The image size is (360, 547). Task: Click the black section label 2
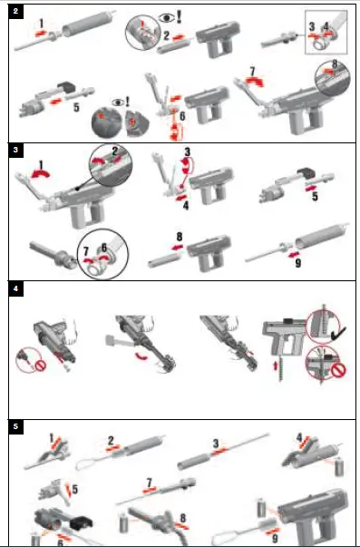click(15, 11)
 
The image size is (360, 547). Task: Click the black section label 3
click(15, 151)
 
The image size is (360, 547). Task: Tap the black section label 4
click(15, 289)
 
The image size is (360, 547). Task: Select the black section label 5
click(15, 427)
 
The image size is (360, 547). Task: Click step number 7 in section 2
click(253, 71)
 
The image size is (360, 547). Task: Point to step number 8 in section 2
click(335, 63)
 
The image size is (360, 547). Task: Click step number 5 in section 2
click(76, 107)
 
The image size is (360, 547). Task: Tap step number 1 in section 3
click(41, 165)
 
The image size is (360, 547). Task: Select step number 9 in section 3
click(298, 263)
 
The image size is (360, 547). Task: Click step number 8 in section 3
click(180, 237)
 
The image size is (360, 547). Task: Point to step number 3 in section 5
click(216, 444)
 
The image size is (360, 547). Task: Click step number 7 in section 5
click(150, 483)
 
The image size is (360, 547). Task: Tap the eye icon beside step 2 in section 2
click(166, 17)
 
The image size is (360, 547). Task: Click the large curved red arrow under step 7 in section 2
click(255, 82)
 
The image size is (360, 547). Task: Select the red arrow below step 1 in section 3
click(40, 173)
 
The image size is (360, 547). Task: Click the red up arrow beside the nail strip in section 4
click(276, 366)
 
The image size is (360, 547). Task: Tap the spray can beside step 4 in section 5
click(339, 468)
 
